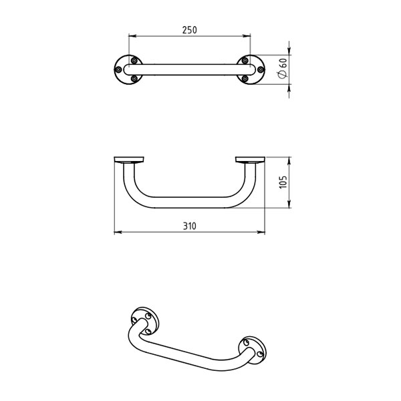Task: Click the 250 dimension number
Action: (x=190, y=30)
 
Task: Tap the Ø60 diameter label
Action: (x=282, y=68)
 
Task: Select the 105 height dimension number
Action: (x=283, y=182)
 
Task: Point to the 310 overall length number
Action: (x=190, y=226)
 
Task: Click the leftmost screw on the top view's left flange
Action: (x=118, y=70)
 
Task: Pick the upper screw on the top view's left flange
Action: (x=134, y=61)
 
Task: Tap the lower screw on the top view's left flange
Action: (x=134, y=78)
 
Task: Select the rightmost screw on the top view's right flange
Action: (x=261, y=70)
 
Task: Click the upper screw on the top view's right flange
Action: (x=245, y=61)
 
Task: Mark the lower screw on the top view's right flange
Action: (x=245, y=78)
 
